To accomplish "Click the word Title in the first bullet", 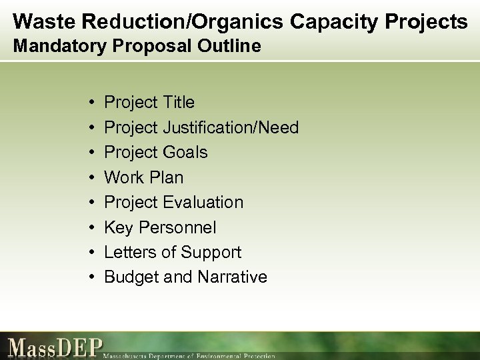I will point(177,102).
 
